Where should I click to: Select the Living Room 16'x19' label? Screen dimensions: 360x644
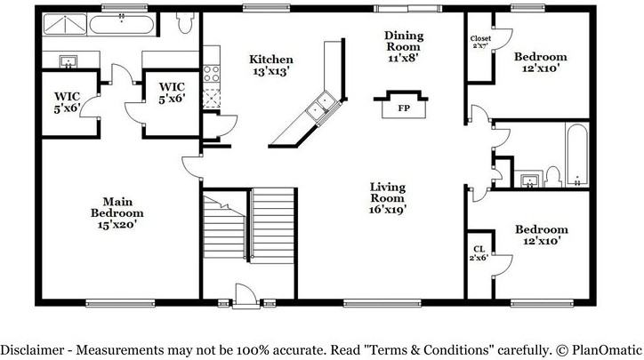[x=388, y=198]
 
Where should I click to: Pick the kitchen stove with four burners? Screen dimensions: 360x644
[x=212, y=73]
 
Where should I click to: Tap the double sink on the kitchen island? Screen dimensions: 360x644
[x=318, y=108]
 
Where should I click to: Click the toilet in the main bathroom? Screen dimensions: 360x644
[x=186, y=24]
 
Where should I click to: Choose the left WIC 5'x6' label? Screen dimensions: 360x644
[x=68, y=100]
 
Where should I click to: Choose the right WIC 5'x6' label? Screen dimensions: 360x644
[x=171, y=92]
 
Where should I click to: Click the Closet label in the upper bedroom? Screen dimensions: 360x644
[x=480, y=41]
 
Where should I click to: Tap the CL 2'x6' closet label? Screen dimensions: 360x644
[x=479, y=253]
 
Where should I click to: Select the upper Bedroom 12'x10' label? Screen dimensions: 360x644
[x=541, y=63]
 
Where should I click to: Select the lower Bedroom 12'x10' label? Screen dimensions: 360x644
[x=541, y=235]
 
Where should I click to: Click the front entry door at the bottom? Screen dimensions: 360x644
[x=242, y=293]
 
